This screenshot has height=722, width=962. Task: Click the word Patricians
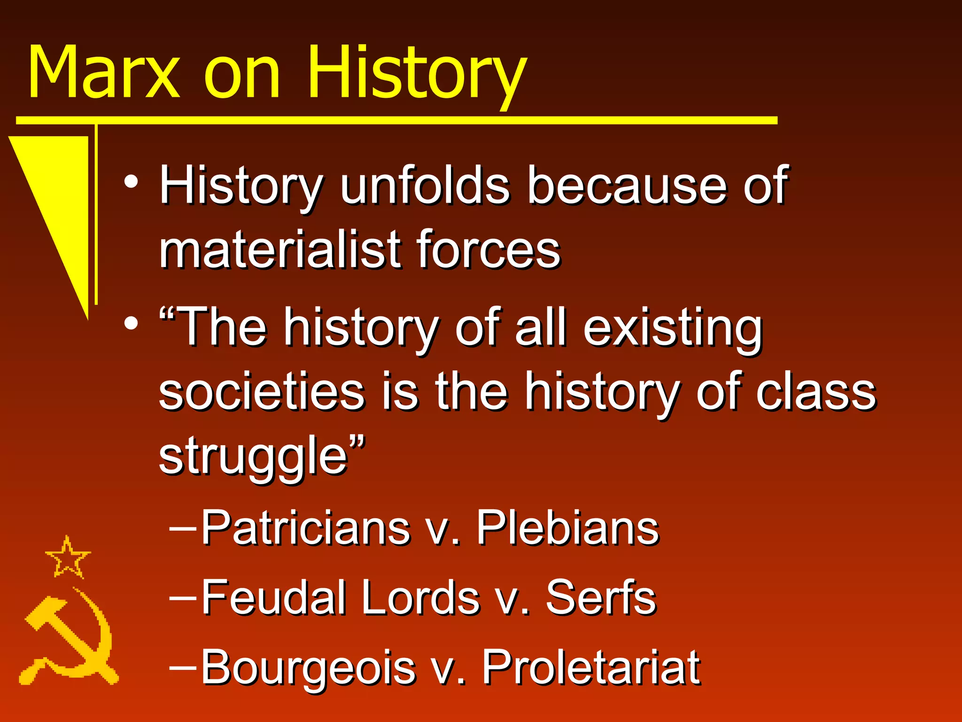[x=305, y=527]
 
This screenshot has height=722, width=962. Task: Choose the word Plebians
[x=568, y=527]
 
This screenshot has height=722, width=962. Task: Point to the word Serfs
[x=601, y=597]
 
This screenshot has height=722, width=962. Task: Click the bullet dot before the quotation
[x=132, y=323]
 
